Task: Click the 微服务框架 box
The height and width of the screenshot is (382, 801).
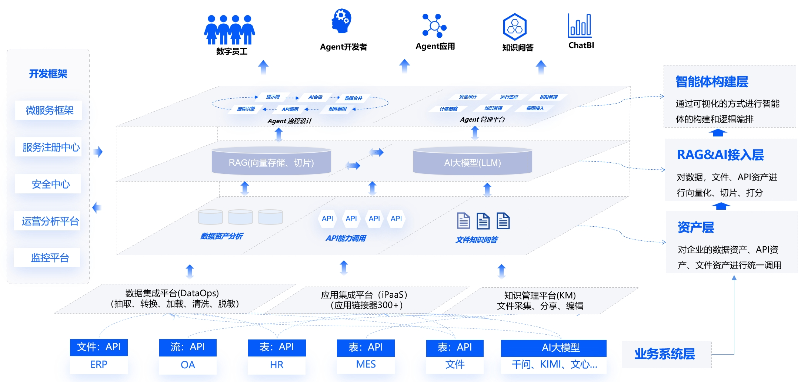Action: (x=49, y=110)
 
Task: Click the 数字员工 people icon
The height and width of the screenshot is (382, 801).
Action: (x=230, y=30)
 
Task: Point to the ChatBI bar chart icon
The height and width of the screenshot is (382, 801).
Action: (x=580, y=26)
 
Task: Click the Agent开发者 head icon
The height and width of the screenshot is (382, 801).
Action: (x=341, y=21)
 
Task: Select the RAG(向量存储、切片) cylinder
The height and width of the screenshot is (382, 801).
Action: (x=271, y=162)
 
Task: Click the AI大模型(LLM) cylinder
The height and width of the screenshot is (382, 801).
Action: (x=473, y=162)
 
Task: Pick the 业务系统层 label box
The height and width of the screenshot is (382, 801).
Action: (x=665, y=354)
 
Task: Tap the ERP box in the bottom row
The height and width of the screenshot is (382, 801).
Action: (x=99, y=364)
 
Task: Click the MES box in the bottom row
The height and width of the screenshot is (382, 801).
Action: (x=366, y=364)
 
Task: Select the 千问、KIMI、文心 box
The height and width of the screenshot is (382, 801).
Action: (x=554, y=364)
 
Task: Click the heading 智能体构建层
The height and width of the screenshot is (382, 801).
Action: (x=712, y=82)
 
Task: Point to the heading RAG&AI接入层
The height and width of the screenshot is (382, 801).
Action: (x=720, y=155)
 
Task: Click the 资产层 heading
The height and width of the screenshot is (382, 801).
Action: (x=695, y=227)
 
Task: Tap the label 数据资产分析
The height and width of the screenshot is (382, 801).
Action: (x=221, y=236)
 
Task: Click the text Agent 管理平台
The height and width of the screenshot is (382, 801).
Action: (x=482, y=119)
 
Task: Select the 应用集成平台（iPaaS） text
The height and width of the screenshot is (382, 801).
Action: (x=364, y=295)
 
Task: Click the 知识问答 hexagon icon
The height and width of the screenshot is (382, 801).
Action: (x=515, y=27)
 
